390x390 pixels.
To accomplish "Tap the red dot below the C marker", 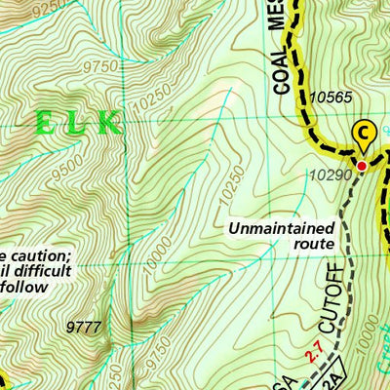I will point(361,167).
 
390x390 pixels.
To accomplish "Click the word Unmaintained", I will point(280,228).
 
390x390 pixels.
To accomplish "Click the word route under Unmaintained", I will point(311,243).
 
